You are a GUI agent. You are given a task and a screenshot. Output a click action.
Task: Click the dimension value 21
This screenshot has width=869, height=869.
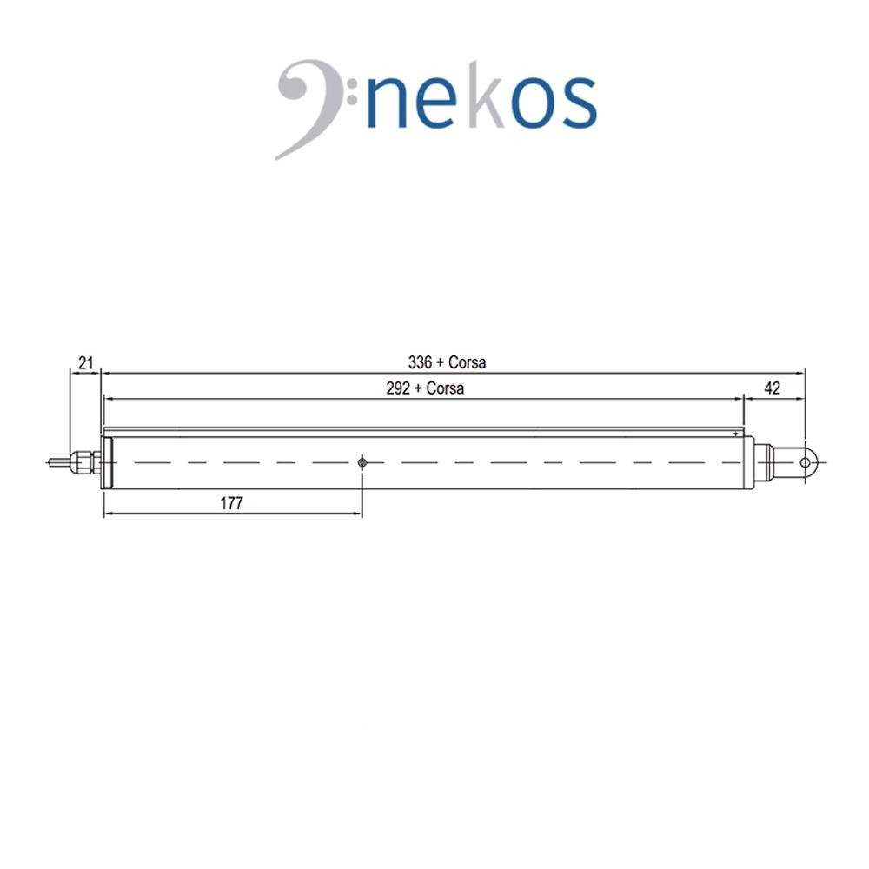coord(85,363)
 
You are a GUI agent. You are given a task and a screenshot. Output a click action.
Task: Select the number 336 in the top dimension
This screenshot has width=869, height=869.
coord(420,362)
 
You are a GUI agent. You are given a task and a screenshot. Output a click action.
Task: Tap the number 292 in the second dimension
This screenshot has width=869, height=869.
coord(398,388)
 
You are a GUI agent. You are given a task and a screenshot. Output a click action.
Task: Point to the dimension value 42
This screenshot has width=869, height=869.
coord(772,388)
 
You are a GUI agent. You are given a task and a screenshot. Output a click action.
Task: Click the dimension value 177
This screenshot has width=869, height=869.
coord(231,503)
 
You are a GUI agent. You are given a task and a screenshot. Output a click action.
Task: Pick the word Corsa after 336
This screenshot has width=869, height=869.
coord(468,362)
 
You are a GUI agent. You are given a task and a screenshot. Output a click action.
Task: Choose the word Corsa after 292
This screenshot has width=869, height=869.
coord(445,388)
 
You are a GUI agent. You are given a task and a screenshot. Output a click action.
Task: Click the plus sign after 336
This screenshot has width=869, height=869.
coord(440,363)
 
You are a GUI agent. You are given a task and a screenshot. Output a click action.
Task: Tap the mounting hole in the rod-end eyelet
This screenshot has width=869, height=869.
coord(805,462)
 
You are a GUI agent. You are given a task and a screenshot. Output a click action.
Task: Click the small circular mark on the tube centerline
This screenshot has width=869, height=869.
coord(362,462)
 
